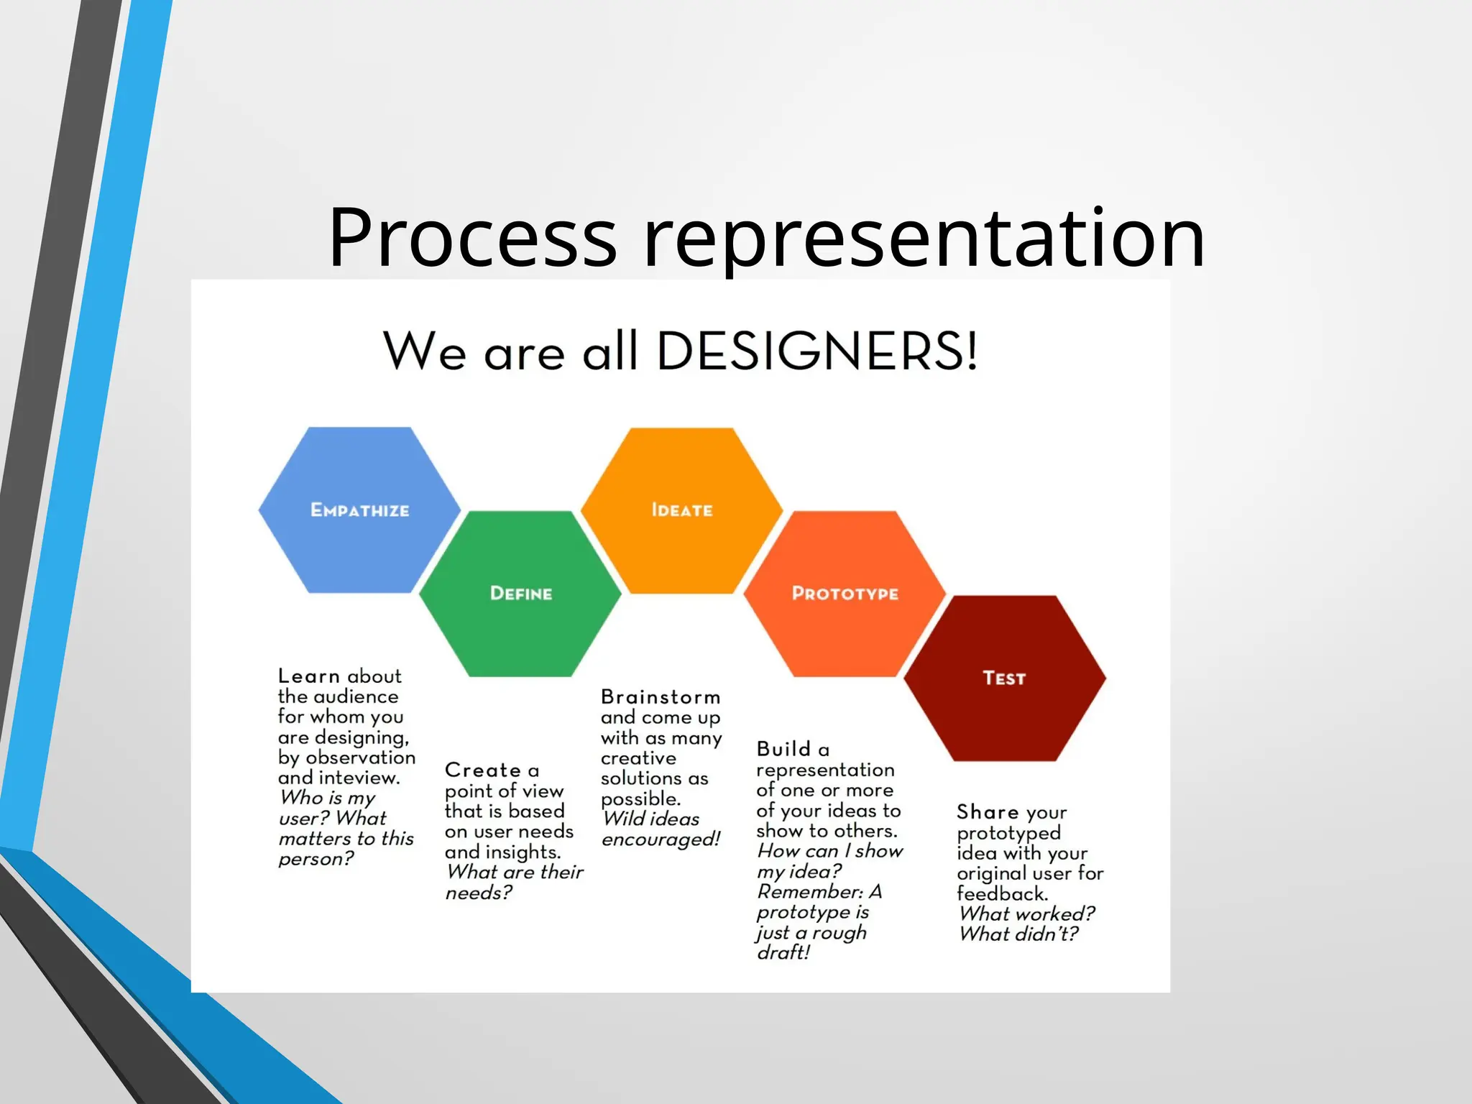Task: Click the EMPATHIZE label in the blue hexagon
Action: (359, 510)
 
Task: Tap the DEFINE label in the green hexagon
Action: (521, 594)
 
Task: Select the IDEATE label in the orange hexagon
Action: (681, 510)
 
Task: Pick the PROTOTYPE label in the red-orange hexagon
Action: (845, 594)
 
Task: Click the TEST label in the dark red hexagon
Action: (1004, 678)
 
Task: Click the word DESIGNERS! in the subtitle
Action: (817, 351)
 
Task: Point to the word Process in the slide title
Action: (472, 236)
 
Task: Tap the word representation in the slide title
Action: (924, 236)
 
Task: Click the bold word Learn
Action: (309, 676)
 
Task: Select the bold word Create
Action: (482, 770)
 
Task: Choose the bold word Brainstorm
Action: (661, 697)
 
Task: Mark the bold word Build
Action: (783, 749)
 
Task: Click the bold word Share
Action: (988, 812)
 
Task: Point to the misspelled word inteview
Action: (359, 778)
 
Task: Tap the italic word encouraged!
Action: (661, 839)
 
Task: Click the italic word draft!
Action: (783, 952)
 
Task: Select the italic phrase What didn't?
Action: (1018, 934)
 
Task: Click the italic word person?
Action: (316, 859)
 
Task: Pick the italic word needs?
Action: (479, 893)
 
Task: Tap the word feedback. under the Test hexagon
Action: (1002, 893)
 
